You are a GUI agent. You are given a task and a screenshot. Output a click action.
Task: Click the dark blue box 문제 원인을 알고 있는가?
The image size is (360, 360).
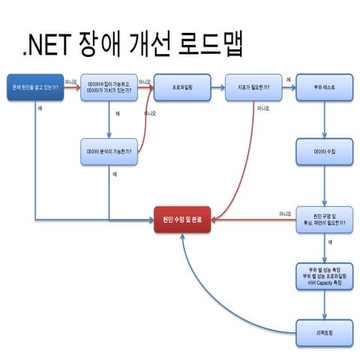pos(34,87)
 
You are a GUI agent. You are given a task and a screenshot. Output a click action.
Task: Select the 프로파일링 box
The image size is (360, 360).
pos(182,87)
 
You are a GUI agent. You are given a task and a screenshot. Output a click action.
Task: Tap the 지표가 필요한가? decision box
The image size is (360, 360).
pos(253,87)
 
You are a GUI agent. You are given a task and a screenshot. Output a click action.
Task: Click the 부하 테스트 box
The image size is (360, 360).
pos(324,87)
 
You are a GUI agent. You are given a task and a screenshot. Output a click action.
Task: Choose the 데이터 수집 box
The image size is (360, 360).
pos(324,151)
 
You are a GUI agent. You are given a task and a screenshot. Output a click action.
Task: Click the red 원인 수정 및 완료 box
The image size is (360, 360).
pos(182,220)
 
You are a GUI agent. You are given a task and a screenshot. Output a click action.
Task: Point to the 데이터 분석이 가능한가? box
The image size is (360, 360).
pos(109,151)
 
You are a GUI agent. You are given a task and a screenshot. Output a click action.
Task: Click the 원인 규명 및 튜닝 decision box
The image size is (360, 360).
pos(324,220)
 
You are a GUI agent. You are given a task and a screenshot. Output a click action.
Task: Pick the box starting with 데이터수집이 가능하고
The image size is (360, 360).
pos(109,87)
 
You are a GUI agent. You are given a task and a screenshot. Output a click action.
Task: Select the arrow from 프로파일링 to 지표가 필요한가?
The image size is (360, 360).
pos(217,87)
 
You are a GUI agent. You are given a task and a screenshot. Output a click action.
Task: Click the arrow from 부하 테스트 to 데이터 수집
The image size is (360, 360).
pos(324,118)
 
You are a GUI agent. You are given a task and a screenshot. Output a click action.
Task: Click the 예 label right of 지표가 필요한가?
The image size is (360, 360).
pos(289,79)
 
